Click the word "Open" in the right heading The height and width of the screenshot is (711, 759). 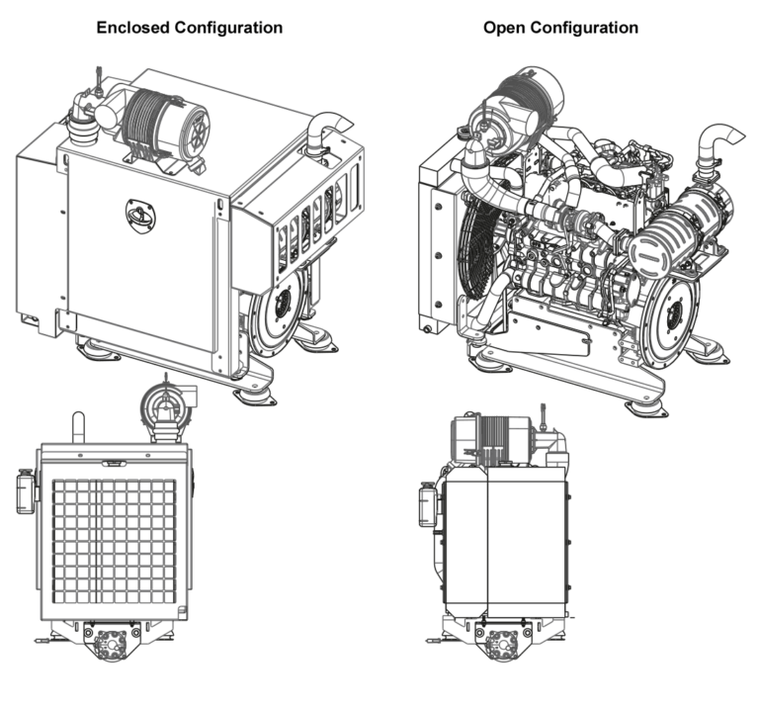point(504,28)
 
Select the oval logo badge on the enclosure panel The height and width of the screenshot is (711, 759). point(137,210)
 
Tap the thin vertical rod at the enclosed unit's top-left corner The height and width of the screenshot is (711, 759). point(97,79)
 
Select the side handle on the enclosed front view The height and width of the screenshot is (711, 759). point(23,490)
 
